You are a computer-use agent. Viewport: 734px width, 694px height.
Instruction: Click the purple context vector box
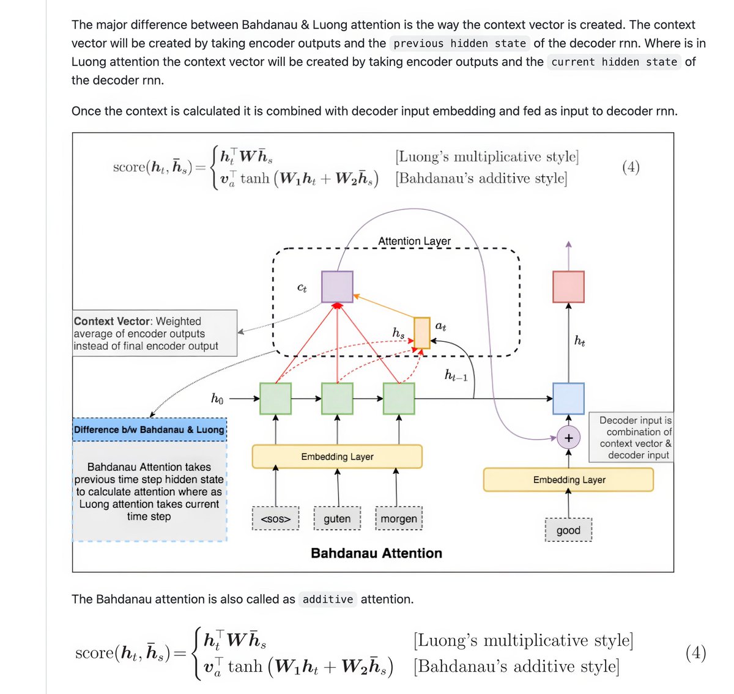click(337, 287)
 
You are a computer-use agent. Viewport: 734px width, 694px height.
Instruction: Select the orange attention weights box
click(422, 333)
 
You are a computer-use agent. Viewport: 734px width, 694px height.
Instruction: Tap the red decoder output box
click(568, 287)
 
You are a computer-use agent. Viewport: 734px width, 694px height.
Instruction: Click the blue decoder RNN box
click(568, 399)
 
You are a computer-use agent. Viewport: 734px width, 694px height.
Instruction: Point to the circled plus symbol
click(568, 438)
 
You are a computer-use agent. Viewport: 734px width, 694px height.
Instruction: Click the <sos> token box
click(275, 519)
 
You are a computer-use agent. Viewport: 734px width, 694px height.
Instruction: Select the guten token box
click(337, 519)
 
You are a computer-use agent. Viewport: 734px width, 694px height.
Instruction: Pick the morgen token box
click(399, 519)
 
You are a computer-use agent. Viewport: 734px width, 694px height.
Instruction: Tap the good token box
click(568, 530)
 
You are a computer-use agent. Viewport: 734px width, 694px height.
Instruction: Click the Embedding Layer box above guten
click(337, 457)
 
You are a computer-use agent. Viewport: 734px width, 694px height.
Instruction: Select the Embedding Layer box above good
click(568, 480)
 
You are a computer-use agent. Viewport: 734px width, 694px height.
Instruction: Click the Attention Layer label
click(414, 242)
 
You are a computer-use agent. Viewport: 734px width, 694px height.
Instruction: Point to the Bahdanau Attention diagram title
click(376, 553)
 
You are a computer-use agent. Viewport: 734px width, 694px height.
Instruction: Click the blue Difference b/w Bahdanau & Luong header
click(149, 430)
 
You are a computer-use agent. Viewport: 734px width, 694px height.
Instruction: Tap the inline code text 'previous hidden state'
click(459, 43)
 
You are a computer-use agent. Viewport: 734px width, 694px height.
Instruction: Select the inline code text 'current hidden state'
click(614, 62)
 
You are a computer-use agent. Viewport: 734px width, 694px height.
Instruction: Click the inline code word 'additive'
click(328, 599)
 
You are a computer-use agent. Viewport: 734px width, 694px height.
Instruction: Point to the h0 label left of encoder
click(217, 399)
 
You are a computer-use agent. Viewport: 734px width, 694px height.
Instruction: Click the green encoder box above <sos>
click(275, 399)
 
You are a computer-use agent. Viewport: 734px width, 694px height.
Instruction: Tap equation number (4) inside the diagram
click(631, 167)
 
